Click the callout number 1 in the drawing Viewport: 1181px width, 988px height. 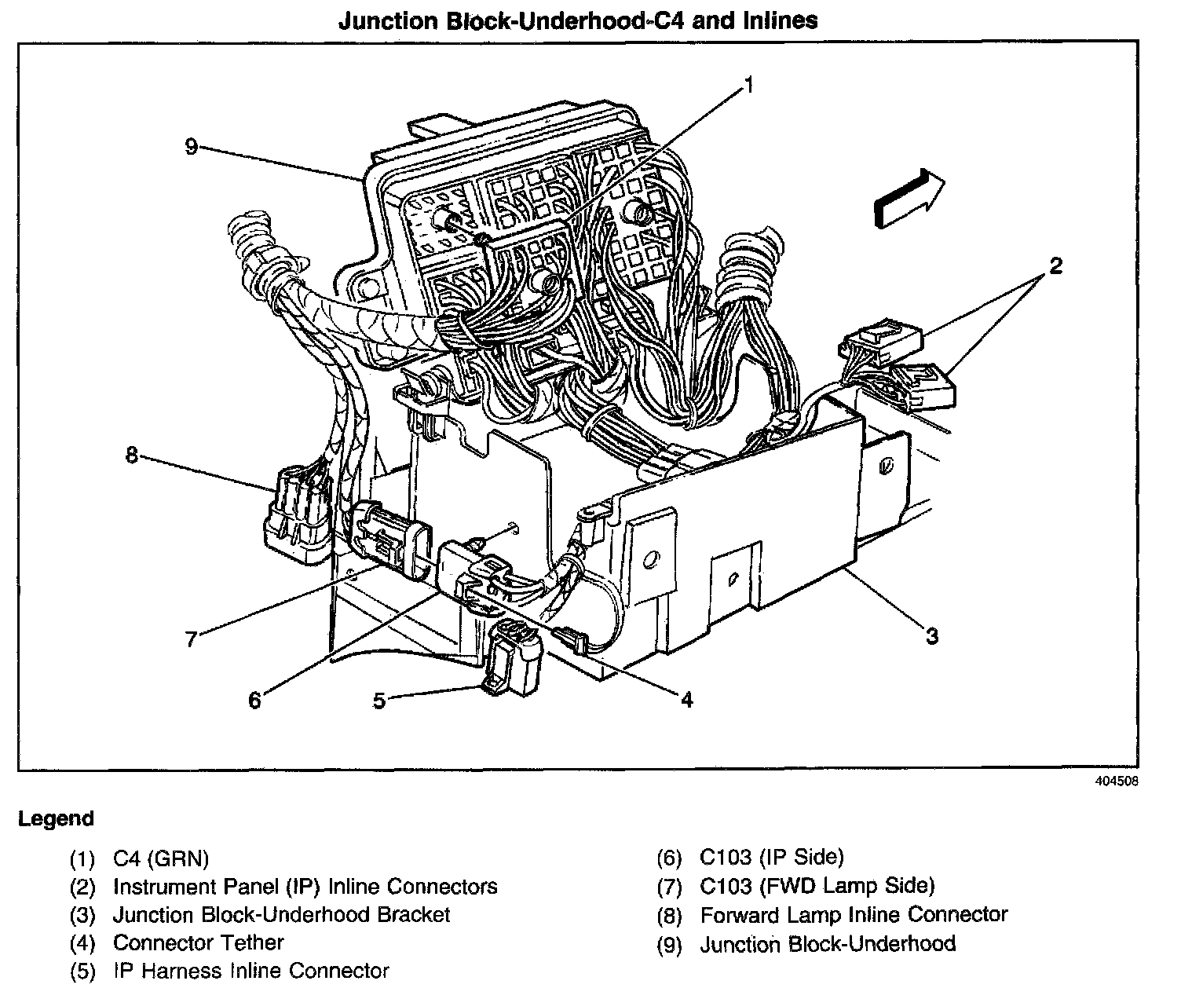[x=749, y=85]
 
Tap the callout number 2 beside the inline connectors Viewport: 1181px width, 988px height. [x=1055, y=266]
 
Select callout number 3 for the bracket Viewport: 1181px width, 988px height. [x=931, y=635]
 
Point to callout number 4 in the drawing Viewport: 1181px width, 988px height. [x=686, y=699]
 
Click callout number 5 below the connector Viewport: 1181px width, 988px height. [x=379, y=701]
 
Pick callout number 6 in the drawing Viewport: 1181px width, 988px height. [x=254, y=699]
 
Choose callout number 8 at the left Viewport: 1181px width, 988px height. [x=132, y=455]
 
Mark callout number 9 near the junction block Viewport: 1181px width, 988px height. [x=191, y=147]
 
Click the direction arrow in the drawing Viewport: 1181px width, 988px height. [x=909, y=199]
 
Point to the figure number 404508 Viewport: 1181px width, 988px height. [x=1116, y=781]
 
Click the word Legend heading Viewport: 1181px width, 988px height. [x=56, y=819]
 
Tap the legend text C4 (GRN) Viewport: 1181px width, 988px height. [x=161, y=858]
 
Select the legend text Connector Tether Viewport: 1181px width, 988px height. [x=198, y=942]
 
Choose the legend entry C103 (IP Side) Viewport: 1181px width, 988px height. [x=771, y=857]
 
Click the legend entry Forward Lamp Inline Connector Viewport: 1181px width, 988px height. [x=854, y=915]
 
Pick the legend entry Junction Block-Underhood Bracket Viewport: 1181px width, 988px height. [x=281, y=915]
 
